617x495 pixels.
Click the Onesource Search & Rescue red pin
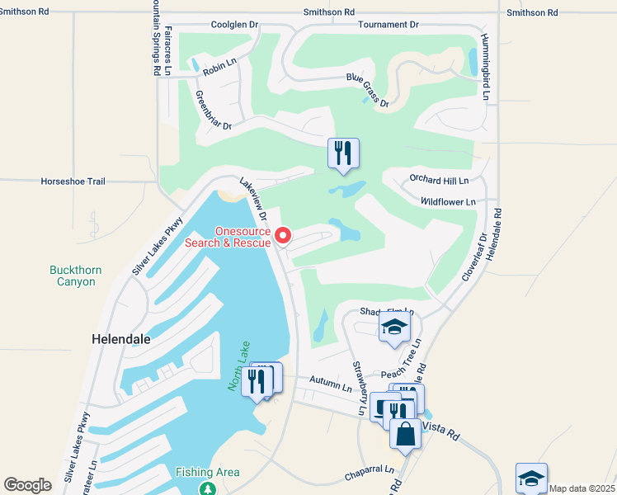(x=282, y=236)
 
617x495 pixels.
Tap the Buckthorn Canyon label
(x=73, y=276)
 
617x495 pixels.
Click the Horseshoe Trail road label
(x=73, y=181)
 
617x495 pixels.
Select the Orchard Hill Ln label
(x=439, y=180)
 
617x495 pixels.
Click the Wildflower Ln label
(x=448, y=201)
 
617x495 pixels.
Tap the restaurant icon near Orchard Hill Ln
(x=343, y=153)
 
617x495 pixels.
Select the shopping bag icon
(x=405, y=434)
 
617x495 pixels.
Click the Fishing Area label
(x=207, y=472)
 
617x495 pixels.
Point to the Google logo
(x=28, y=485)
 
